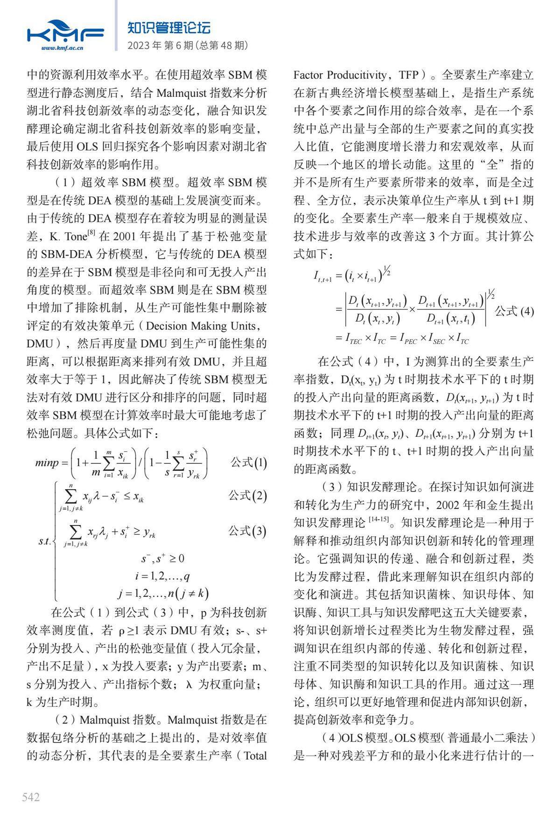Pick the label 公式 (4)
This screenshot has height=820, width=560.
[514, 311]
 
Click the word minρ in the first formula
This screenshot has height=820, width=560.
[47, 463]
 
